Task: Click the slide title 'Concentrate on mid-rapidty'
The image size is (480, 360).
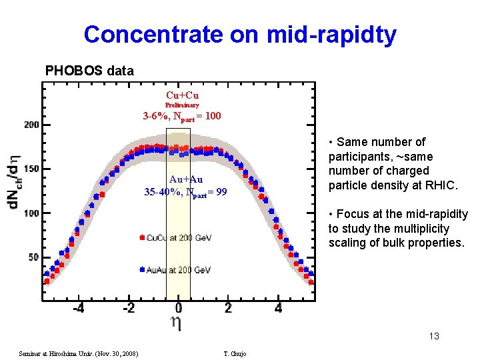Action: tap(240, 34)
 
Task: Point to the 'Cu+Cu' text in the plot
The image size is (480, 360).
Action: tap(182, 95)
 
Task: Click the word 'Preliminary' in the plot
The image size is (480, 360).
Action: tap(182, 105)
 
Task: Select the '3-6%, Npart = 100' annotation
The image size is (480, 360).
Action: tap(182, 117)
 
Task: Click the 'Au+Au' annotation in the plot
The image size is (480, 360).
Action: tap(186, 179)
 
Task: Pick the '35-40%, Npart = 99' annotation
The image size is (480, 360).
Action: tap(185, 192)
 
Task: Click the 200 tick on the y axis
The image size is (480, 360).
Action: tap(31, 125)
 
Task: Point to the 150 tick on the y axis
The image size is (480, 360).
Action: tap(31, 169)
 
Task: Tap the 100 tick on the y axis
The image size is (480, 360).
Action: tap(31, 213)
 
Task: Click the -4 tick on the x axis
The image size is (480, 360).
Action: tap(78, 309)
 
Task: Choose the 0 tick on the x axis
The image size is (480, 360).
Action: tap(179, 309)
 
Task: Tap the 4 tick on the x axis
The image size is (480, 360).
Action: tap(279, 309)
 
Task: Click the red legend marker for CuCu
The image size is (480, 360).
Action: tap(142, 237)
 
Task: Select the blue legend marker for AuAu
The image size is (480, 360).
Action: tap(142, 270)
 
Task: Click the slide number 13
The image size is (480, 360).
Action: tap(434, 336)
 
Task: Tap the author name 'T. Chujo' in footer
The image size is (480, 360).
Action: tap(235, 353)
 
